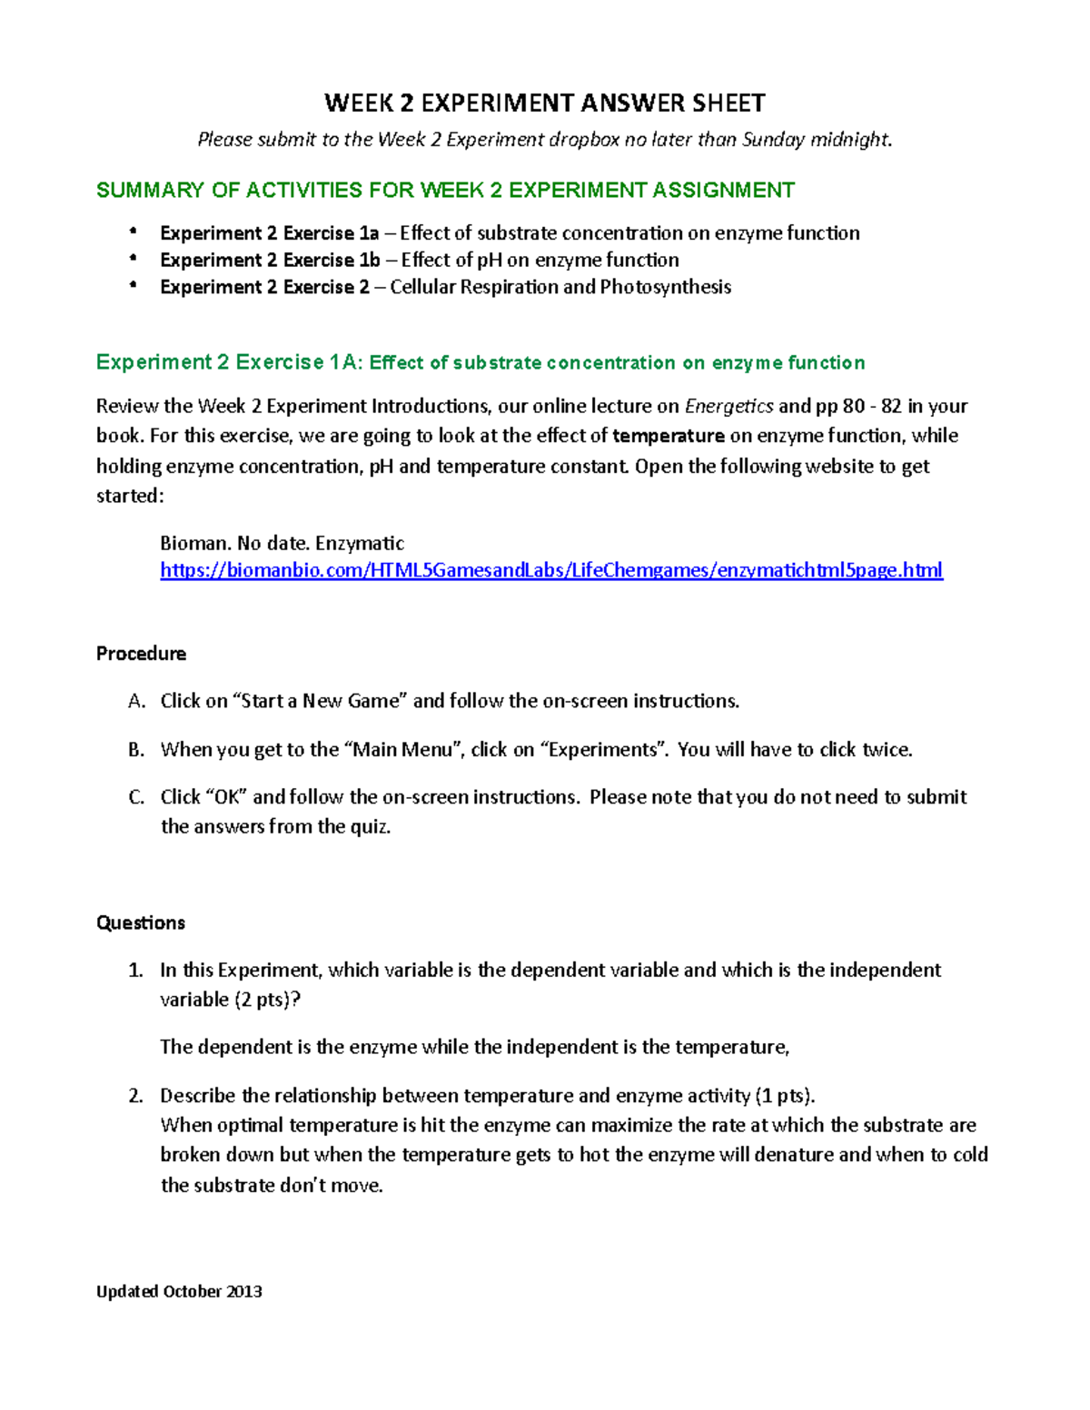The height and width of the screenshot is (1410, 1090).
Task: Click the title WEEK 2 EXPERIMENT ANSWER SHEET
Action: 545,103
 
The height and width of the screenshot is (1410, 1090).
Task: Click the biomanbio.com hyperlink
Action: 551,570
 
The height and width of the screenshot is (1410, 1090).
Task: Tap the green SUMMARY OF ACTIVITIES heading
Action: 445,190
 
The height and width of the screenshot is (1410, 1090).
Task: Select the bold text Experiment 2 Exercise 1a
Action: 269,233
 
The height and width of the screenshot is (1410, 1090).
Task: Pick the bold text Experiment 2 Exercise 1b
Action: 270,261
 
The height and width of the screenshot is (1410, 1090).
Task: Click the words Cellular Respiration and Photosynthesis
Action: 560,288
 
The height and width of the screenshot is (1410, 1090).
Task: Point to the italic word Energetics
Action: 728,406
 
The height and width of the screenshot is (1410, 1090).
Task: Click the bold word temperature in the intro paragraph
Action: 669,436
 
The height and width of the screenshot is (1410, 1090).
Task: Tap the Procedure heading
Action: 141,654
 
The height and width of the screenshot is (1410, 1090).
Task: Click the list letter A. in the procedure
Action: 136,701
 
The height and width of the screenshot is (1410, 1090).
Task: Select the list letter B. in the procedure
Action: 136,750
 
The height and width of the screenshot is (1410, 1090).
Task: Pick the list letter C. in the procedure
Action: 136,797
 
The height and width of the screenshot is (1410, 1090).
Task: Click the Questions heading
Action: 141,922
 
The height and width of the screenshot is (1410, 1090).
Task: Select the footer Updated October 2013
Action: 179,1291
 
